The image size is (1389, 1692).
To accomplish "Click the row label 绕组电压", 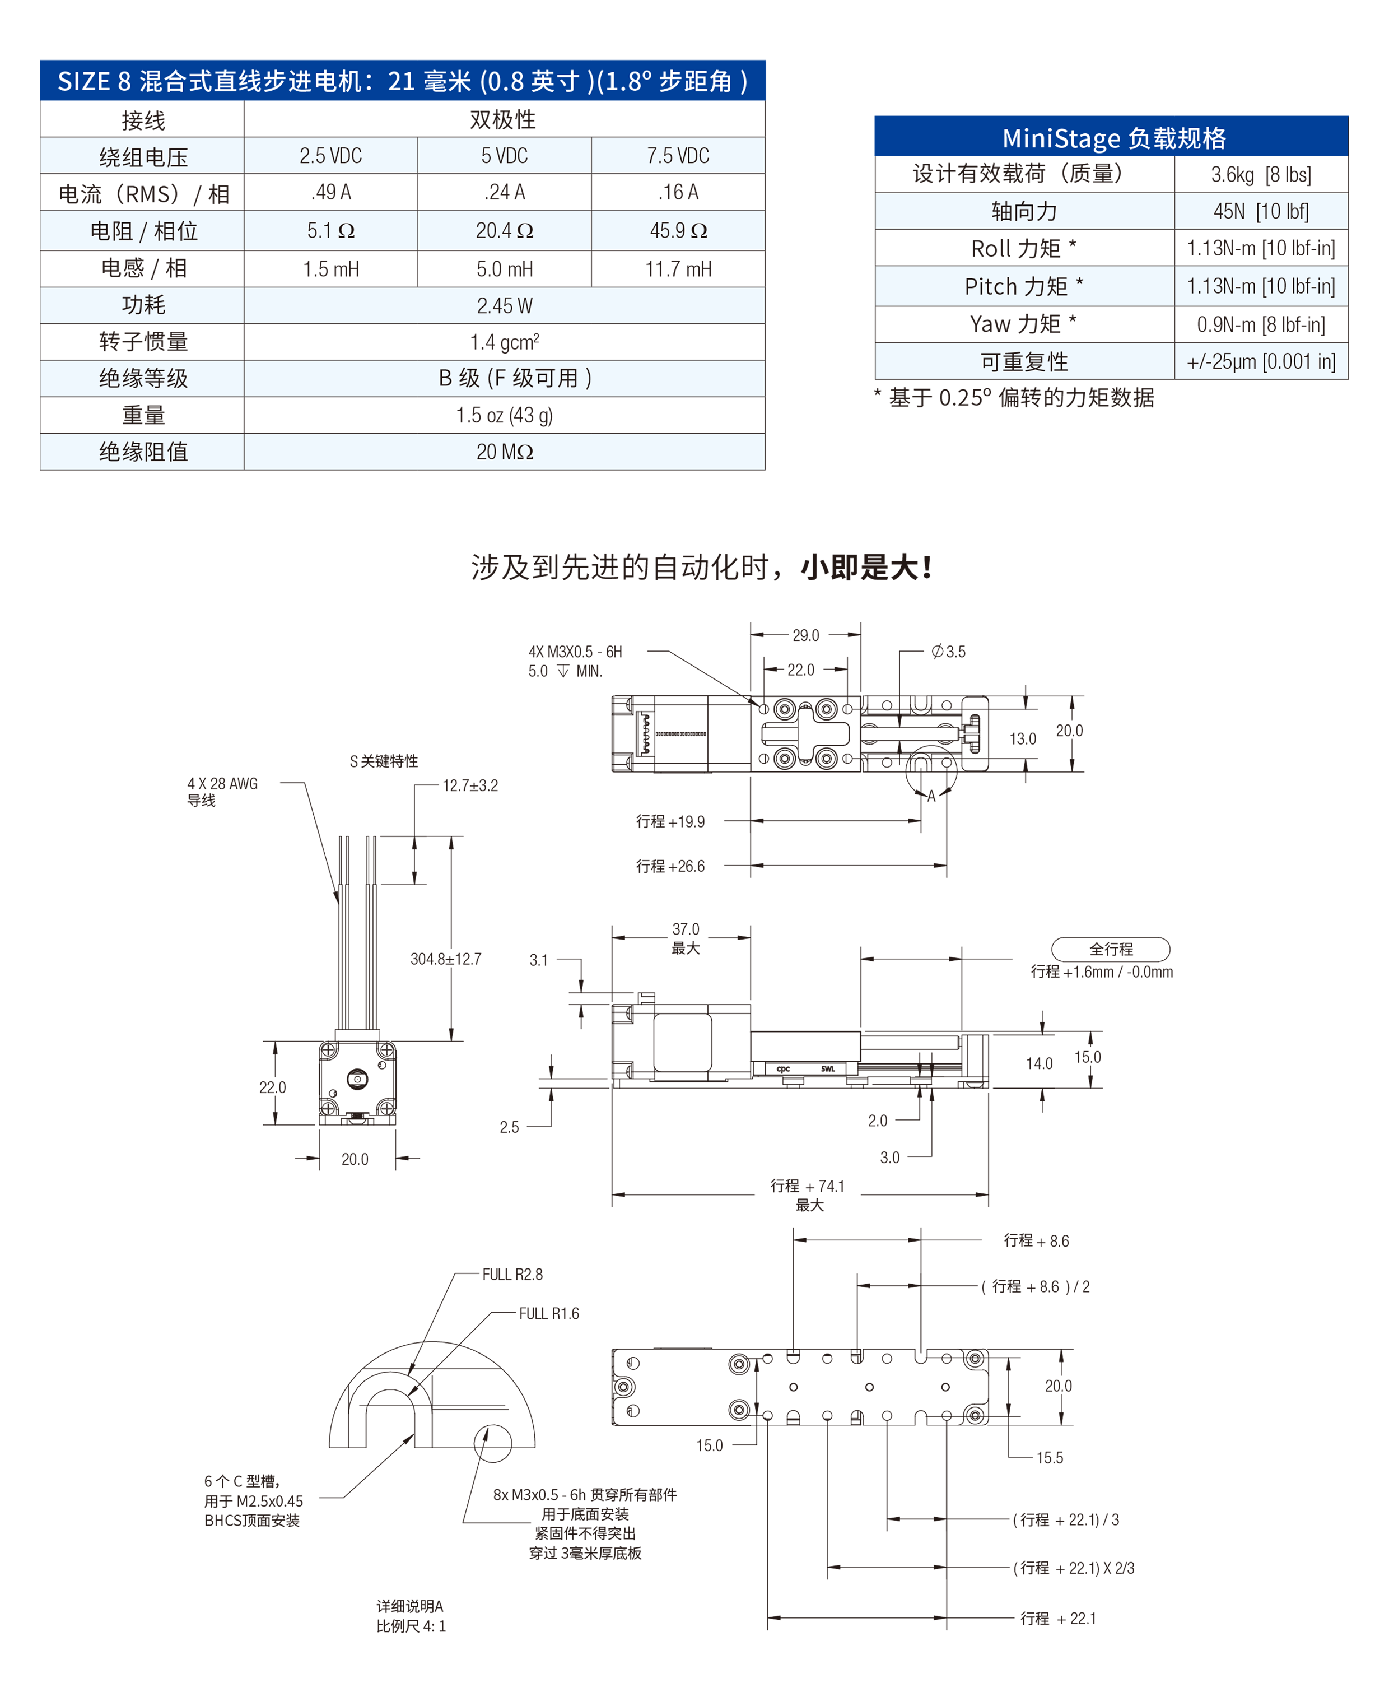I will click(x=143, y=156).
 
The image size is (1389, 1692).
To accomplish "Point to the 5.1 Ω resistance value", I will click(x=330, y=230).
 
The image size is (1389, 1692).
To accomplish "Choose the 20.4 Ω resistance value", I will click(x=504, y=230).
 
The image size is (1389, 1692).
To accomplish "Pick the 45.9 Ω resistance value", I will click(x=678, y=230).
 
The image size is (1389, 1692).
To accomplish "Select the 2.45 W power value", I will click(x=504, y=306).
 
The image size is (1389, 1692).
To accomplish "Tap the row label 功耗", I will click(x=143, y=305).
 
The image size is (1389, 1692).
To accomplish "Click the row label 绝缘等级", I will click(x=143, y=378).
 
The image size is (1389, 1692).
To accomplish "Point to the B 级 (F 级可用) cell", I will click(x=515, y=378).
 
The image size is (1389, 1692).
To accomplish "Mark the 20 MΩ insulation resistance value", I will click(x=504, y=452).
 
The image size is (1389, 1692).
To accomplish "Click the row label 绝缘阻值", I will click(x=143, y=452).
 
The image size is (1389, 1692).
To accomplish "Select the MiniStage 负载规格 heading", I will click(x=1114, y=138).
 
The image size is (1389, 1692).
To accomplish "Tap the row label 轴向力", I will click(x=1024, y=211).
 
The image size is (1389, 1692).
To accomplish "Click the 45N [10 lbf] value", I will click(x=1261, y=211).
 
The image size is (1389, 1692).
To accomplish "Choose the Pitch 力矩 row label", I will click(x=1024, y=286).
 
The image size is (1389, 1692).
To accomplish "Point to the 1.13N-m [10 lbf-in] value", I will click(x=1261, y=286).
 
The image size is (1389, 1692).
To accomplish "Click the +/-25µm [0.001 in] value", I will click(x=1261, y=362).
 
